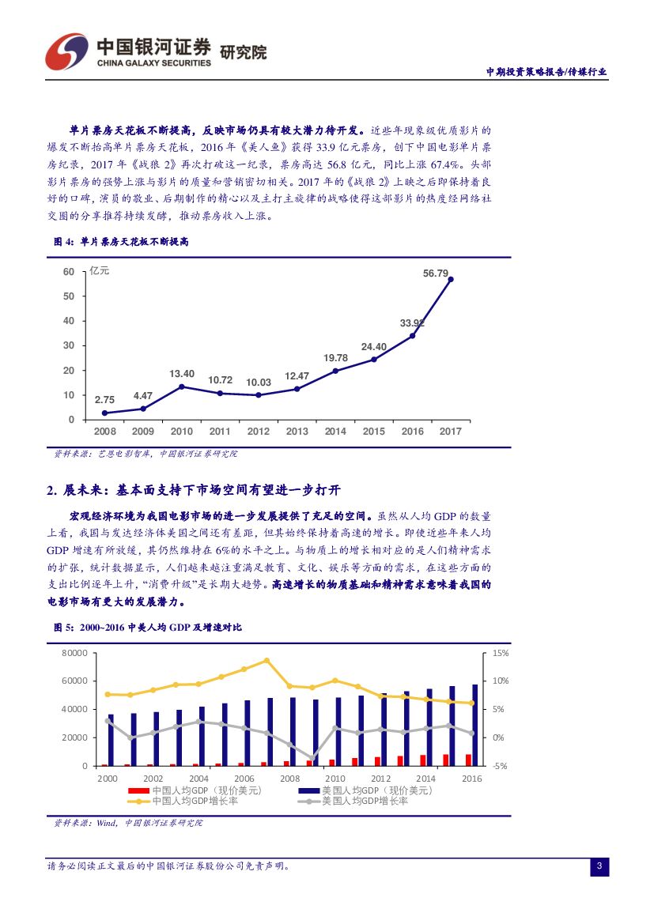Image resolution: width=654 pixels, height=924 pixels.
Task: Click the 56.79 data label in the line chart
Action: tap(436, 273)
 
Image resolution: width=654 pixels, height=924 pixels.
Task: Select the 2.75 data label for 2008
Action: tap(104, 400)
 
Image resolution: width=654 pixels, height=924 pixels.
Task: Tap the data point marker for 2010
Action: tap(182, 387)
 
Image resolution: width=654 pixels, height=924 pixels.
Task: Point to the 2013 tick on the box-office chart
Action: tap(297, 432)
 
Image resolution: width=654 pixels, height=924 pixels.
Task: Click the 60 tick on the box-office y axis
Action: tap(69, 272)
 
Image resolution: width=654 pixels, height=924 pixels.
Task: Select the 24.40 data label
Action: tap(374, 346)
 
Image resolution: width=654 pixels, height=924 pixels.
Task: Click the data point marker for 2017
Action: tap(451, 279)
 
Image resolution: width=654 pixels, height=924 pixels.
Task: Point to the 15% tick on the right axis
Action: tap(500, 654)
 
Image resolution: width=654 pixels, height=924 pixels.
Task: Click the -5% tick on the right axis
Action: tap(500, 766)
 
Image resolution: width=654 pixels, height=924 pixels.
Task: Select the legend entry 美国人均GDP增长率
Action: tap(365, 801)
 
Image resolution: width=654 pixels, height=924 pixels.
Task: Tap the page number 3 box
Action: tap(599, 867)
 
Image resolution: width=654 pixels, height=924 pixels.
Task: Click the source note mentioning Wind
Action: tap(128, 823)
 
